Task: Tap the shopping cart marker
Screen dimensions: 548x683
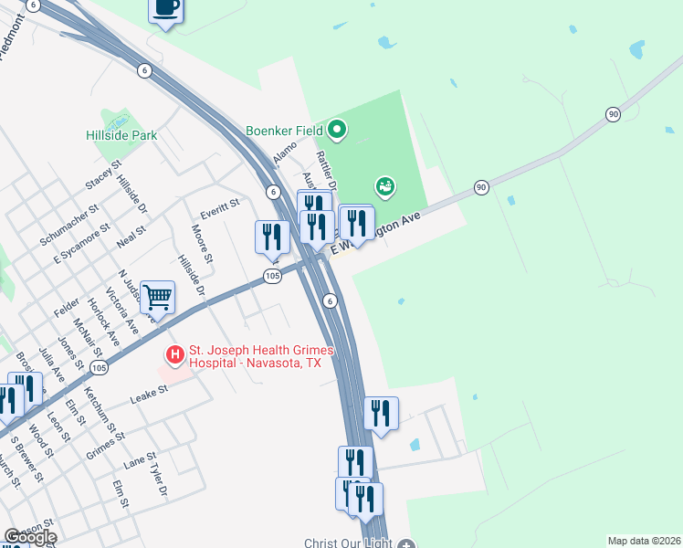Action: tap(158, 297)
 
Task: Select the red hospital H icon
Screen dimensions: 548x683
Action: tap(173, 353)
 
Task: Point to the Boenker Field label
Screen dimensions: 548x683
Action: tap(284, 131)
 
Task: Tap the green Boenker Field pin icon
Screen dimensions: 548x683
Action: tap(337, 130)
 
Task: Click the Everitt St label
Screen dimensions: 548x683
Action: tap(220, 203)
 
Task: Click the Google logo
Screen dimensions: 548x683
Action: tap(31, 537)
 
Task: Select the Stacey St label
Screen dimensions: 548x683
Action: tap(103, 177)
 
